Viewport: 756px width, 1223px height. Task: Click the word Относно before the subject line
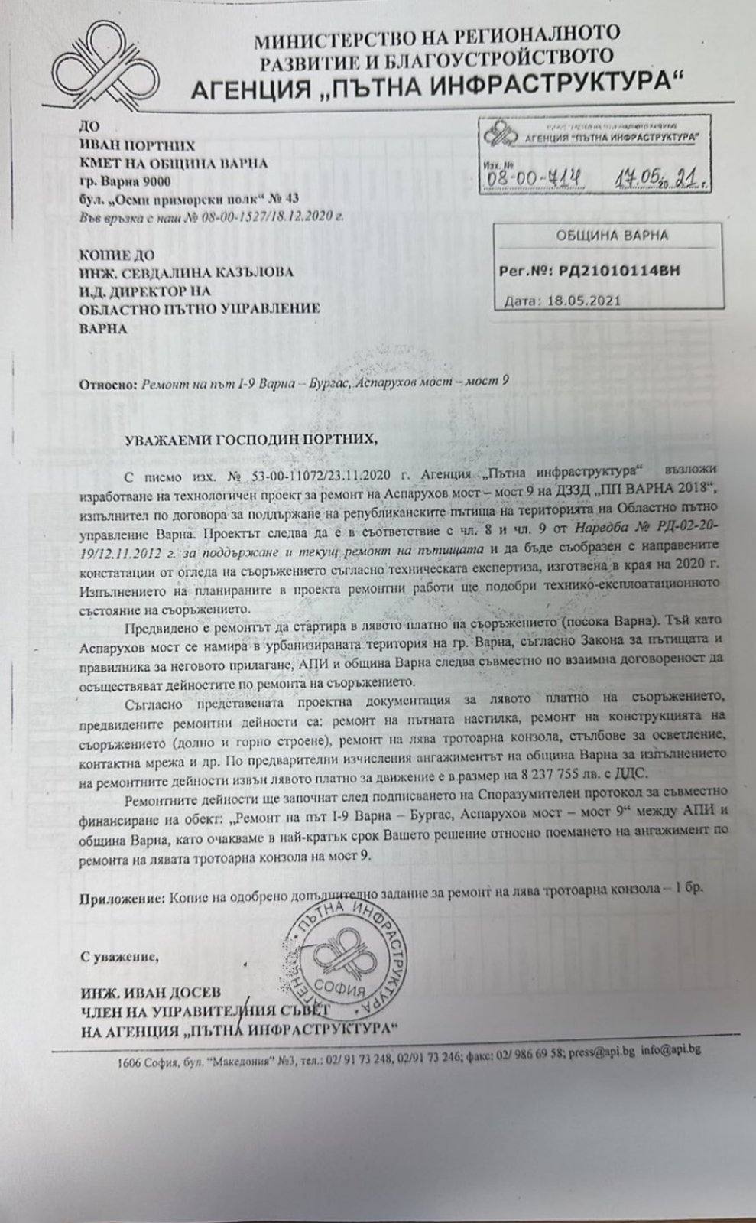[x=107, y=382]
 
